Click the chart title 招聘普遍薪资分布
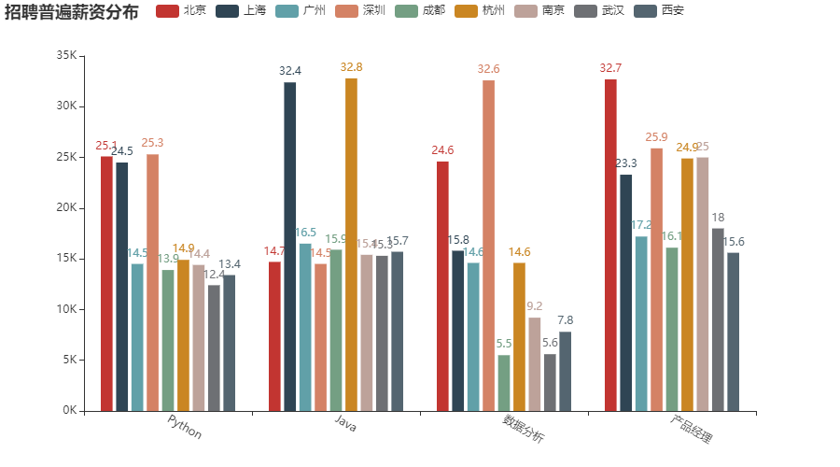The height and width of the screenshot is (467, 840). [x=72, y=12]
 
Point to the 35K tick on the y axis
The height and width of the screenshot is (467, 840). [x=66, y=56]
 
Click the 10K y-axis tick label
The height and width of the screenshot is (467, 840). [x=66, y=309]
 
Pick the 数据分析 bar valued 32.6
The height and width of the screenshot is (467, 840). [x=488, y=245]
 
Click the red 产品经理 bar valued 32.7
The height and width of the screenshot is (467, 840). [x=610, y=245]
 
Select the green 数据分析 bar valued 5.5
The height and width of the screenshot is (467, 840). [x=504, y=383]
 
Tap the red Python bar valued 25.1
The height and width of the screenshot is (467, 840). [x=106, y=283]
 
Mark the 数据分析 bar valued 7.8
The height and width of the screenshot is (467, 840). [x=565, y=371]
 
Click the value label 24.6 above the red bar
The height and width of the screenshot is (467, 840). [x=442, y=150]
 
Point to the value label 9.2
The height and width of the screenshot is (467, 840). [x=535, y=306]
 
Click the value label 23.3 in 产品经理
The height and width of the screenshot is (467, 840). [x=626, y=163]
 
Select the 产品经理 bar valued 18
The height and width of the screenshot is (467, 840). [x=718, y=318]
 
